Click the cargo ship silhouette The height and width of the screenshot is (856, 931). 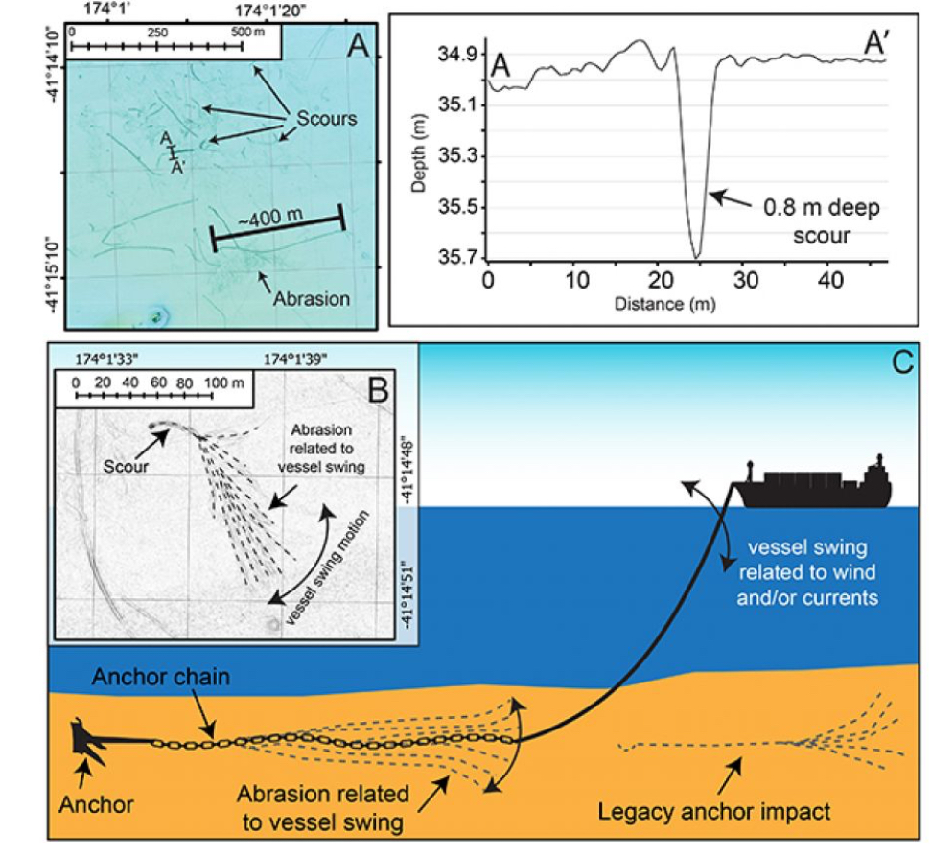820,488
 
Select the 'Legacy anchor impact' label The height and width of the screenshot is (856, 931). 713,814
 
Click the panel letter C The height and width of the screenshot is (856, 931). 901,363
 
